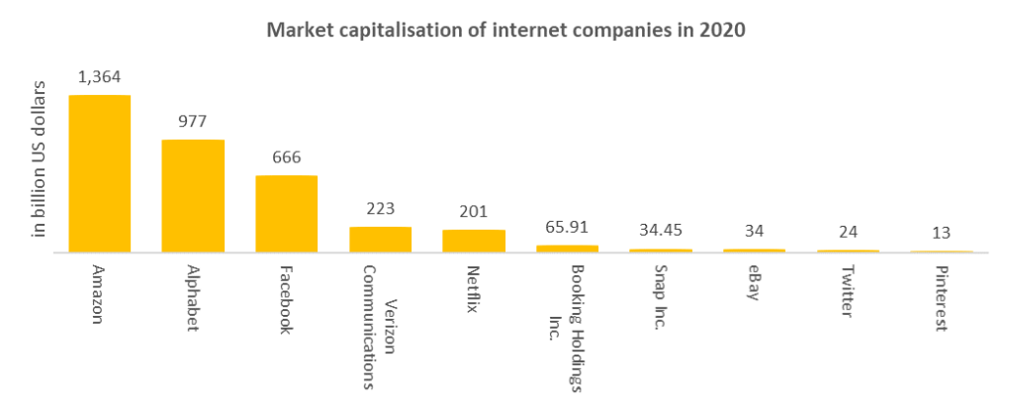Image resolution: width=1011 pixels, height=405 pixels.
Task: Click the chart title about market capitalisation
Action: point(505,30)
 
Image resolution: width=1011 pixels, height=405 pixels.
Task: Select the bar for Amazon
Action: point(99,173)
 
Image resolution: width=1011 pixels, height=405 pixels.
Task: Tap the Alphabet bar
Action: point(193,196)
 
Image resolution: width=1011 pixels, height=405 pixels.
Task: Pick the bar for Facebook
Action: point(286,214)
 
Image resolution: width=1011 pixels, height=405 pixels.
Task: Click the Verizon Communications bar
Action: point(380,240)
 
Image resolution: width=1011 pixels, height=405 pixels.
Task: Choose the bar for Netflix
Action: point(473,241)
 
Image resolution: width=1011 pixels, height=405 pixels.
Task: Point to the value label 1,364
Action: point(99,76)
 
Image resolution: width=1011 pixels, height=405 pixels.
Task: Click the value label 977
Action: point(193,121)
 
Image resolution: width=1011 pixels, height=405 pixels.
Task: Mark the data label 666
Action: point(286,156)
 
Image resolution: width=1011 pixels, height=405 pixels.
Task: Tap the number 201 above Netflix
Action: point(473,211)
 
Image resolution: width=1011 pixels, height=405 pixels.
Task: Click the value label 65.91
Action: point(567,226)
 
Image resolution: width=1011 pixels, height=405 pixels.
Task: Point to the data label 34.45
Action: point(660,230)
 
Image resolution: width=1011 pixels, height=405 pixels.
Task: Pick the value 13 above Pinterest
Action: point(941,233)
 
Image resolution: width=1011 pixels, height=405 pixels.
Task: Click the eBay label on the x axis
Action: point(754,283)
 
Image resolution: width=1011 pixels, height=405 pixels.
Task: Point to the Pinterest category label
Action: point(941,298)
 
